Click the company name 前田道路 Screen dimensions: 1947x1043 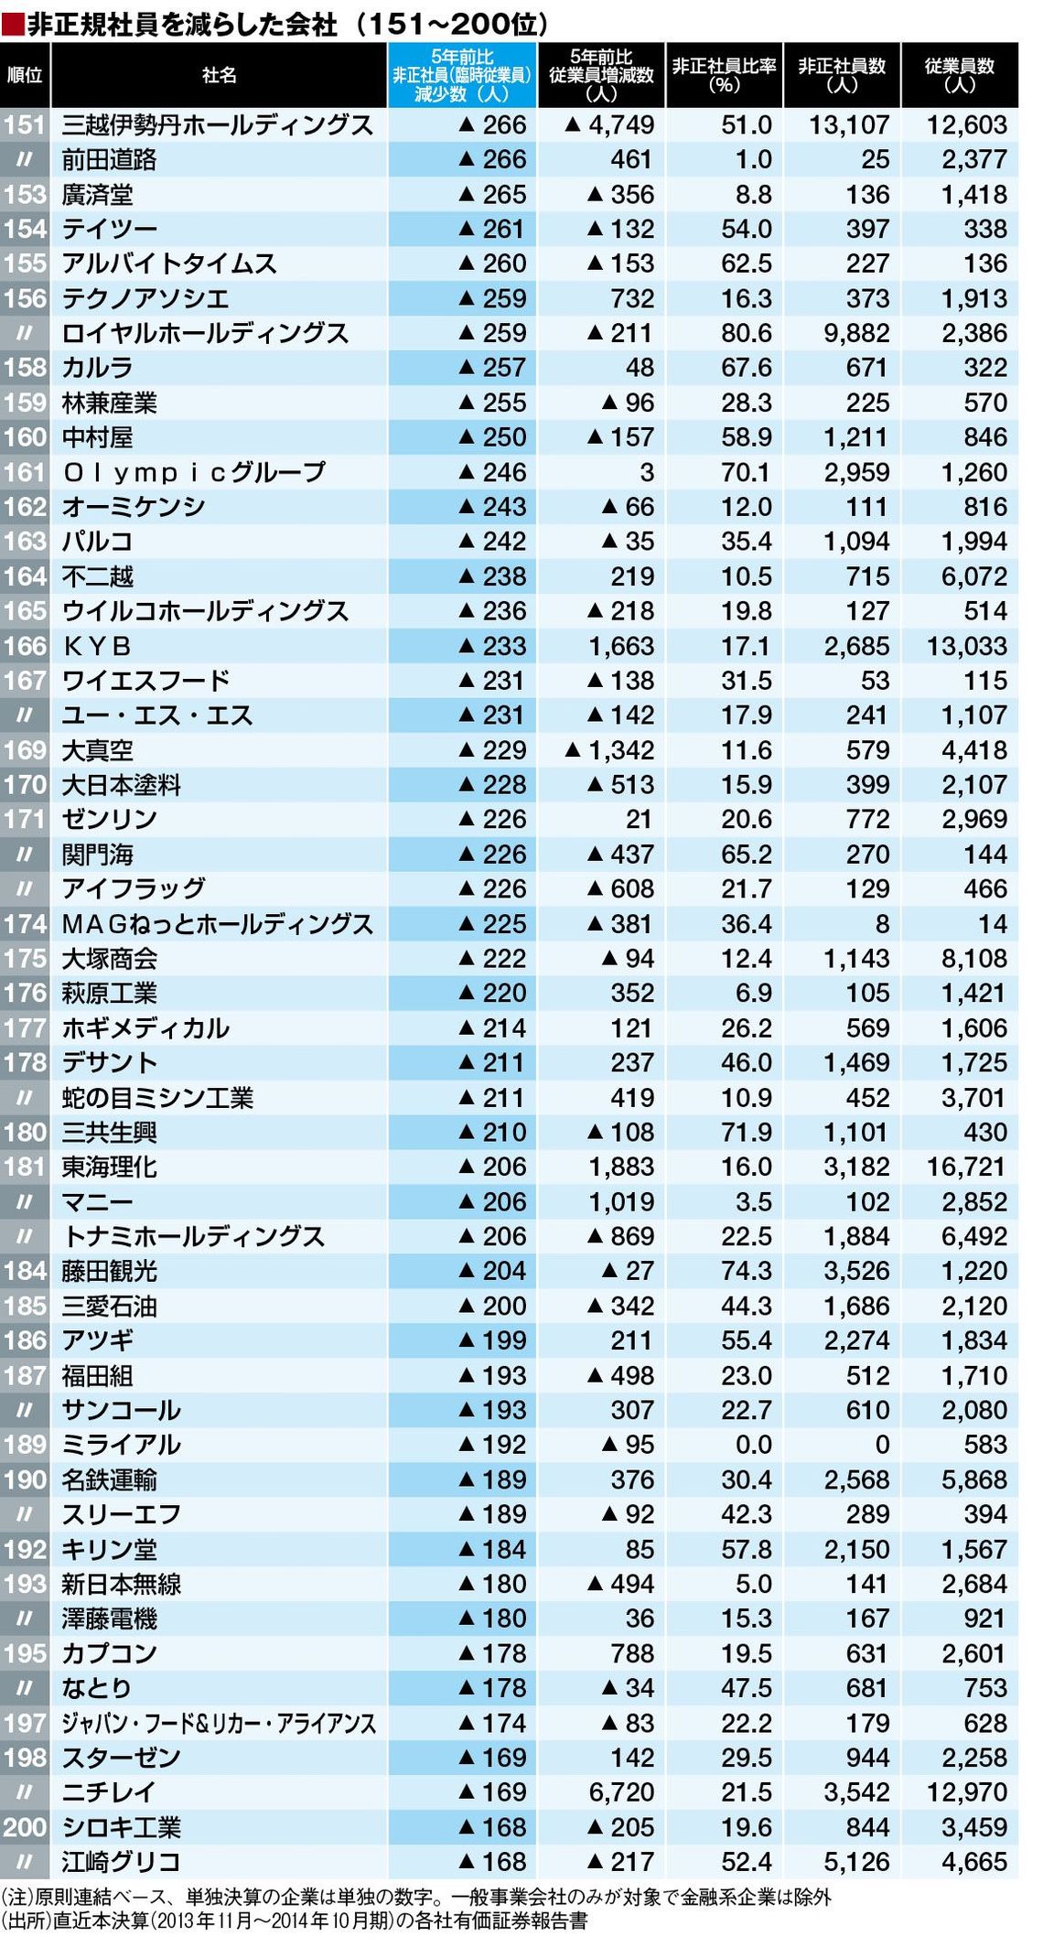tap(109, 160)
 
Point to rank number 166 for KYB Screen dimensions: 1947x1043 tap(25, 646)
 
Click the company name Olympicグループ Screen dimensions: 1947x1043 tap(193, 472)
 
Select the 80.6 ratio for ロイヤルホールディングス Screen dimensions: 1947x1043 tap(746, 333)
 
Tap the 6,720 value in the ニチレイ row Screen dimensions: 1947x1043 tap(621, 1791)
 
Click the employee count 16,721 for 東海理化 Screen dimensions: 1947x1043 tap(966, 1167)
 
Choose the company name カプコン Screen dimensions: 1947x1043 tap(109, 1653)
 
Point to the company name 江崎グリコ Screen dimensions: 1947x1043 tap(121, 1861)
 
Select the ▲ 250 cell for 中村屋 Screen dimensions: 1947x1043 tap(492, 437)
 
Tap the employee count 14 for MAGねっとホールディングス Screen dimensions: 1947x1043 tap(992, 924)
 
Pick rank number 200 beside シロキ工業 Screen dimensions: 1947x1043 tap(25, 1826)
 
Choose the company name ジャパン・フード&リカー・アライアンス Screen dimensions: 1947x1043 tap(219, 1723)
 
